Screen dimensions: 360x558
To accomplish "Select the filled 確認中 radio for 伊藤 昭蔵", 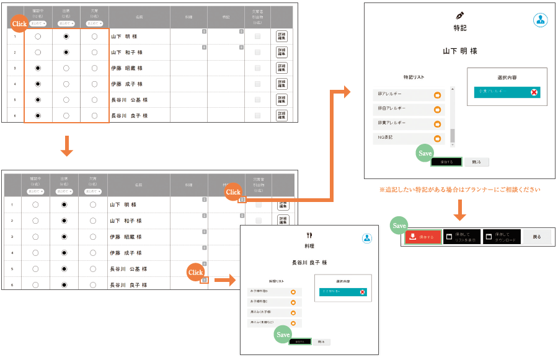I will coord(38,68).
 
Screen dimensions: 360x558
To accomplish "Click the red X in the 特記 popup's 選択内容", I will coord(534,92).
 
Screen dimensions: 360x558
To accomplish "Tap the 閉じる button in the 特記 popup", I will coord(476,162).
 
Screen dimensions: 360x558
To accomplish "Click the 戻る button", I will coord(536,237).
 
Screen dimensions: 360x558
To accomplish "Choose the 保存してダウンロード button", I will coord(502,237).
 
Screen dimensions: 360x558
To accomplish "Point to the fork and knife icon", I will coord(309,235).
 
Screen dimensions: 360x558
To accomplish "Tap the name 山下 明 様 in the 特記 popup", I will coord(460,51).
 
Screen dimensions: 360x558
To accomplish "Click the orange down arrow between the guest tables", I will coord(68,147).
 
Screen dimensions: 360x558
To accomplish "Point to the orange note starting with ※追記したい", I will coord(459,190).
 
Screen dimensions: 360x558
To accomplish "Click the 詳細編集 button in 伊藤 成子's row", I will coord(281,84).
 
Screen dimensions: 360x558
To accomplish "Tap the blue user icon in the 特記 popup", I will coord(540,20).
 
